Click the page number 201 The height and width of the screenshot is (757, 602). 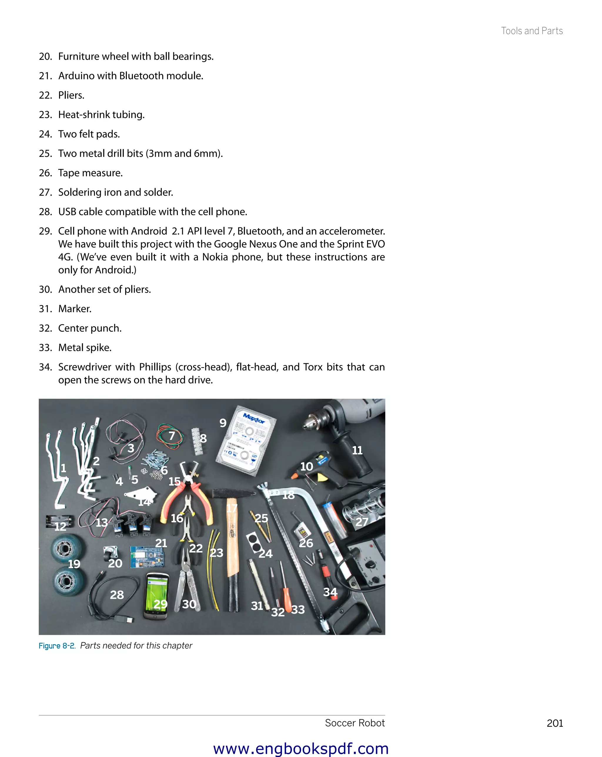[555, 723]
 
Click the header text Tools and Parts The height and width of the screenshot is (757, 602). [531, 31]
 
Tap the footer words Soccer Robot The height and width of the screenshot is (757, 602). [354, 723]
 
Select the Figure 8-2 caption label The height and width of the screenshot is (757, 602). [56, 646]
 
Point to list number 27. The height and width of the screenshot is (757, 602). [45, 192]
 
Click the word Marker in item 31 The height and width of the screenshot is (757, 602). [74, 309]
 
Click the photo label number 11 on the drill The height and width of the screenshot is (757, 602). [357, 450]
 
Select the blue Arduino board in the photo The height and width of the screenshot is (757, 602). [147, 556]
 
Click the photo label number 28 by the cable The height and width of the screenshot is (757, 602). [117, 595]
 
